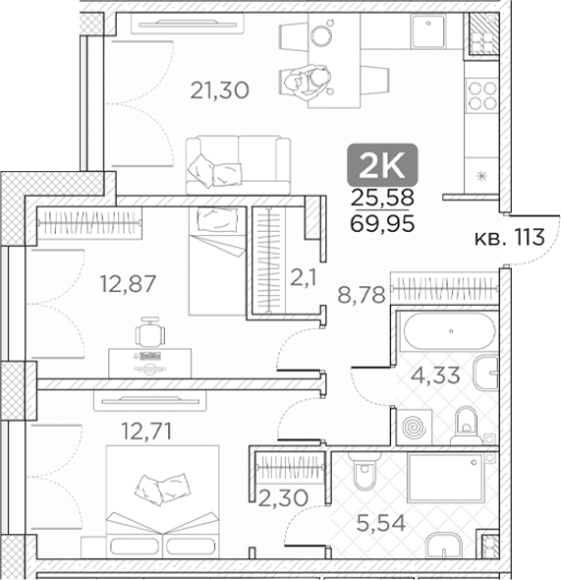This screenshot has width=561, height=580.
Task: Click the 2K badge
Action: [x=382, y=165]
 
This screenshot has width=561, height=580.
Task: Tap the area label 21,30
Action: [x=220, y=90]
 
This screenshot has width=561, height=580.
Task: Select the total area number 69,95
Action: [x=382, y=224]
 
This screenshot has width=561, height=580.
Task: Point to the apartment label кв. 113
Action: [x=510, y=237]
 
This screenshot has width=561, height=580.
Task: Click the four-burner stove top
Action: [x=482, y=95]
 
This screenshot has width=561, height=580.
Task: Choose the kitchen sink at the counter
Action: [x=428, y=31]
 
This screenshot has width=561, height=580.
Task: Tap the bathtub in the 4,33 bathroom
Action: [x=450, y=331]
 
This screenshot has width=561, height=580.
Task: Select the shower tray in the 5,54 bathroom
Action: [x=445, y=478]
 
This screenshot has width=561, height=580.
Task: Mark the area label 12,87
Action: [x=129, y=284]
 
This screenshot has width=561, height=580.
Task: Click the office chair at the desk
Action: [x=149, y=331]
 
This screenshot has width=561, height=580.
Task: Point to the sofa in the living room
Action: [x=239, y=165]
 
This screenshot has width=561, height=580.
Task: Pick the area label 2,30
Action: [x=283, y=497]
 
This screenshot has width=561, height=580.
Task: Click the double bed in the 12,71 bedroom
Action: [x=163, y=501]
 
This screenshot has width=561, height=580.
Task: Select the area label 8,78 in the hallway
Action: [x=362, y=296]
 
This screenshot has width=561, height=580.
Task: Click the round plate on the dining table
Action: [x=321, y=35]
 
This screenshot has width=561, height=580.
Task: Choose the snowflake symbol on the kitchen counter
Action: [x=480, y=176]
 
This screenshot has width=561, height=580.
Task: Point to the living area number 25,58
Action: [x=382, y=198]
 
